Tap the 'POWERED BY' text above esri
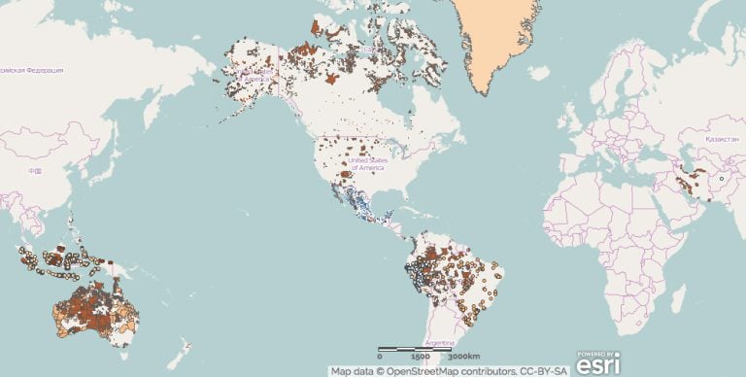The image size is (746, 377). click(593, 353)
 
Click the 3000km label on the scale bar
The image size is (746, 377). click(448, 357)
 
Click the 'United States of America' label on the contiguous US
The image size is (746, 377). click(369, 162)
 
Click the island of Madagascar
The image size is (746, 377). click(677, 292)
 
